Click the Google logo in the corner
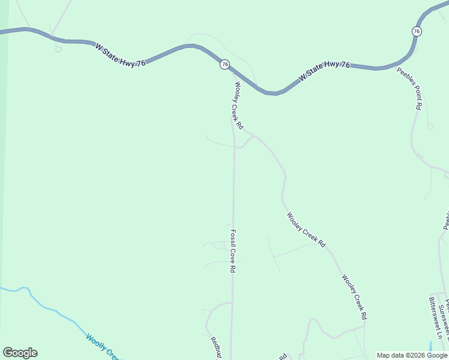point(20,353)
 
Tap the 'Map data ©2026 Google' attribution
point(412,355)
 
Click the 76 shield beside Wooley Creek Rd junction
point(224,64)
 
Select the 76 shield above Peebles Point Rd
point(417,31)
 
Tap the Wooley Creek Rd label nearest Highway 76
point(238,106)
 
